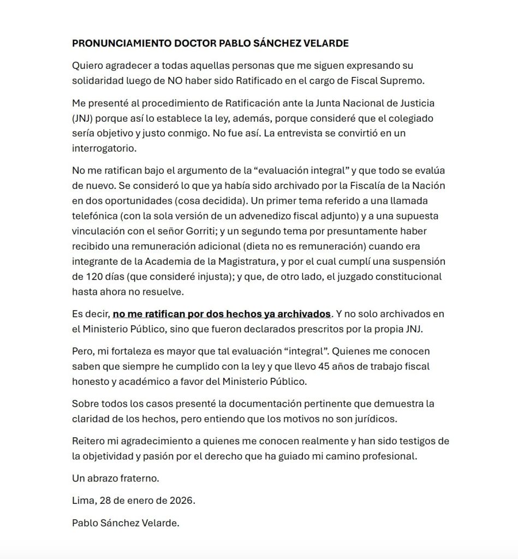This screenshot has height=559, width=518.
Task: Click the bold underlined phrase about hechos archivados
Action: (222, 314)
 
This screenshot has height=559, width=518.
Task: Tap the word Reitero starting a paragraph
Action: (89, 441)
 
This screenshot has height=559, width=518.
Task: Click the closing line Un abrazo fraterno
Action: (116, 478)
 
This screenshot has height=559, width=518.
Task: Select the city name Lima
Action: (82, 501)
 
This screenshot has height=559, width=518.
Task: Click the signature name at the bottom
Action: (126, 523)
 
